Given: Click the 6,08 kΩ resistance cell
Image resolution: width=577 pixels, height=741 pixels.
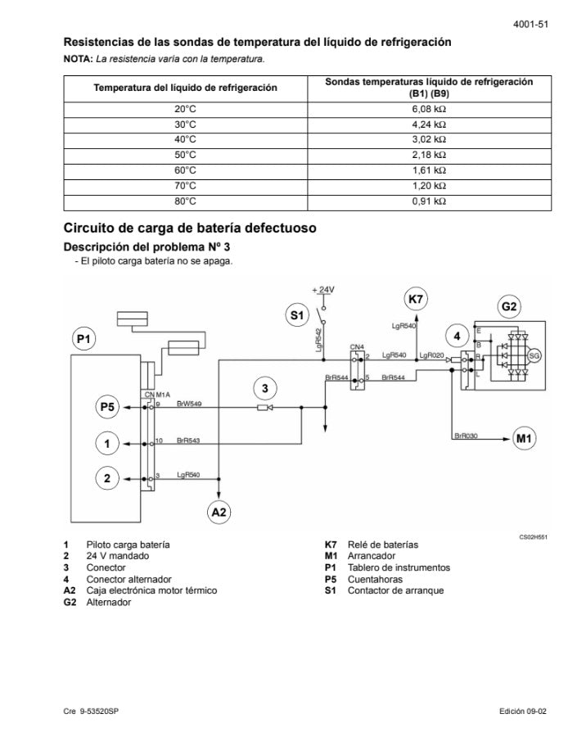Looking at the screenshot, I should (429, 108).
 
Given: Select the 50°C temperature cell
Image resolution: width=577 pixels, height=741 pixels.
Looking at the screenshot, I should (186, 155).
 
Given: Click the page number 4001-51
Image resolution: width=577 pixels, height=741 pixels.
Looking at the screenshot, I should (530, 25).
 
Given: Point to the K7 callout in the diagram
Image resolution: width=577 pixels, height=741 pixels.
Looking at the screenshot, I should (416, 300).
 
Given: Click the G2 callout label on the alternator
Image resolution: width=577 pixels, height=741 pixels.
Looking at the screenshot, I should (509, 307).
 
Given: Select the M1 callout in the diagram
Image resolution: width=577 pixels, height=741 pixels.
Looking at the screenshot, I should (525, 438).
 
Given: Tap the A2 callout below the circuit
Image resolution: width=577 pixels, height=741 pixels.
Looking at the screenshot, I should (219, 512).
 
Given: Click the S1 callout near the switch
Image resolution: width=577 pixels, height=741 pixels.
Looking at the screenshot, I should (297, 314).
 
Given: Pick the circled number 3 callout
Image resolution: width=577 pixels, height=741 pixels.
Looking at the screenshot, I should (264, 386).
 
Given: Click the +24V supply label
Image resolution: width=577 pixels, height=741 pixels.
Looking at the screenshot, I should (324, 290).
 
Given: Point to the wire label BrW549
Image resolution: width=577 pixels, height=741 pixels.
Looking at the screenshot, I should (189, 403).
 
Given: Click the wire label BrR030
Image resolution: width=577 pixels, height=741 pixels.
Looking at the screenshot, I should (466, 436).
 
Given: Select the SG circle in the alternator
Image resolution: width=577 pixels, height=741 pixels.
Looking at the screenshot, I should (534, 355).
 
